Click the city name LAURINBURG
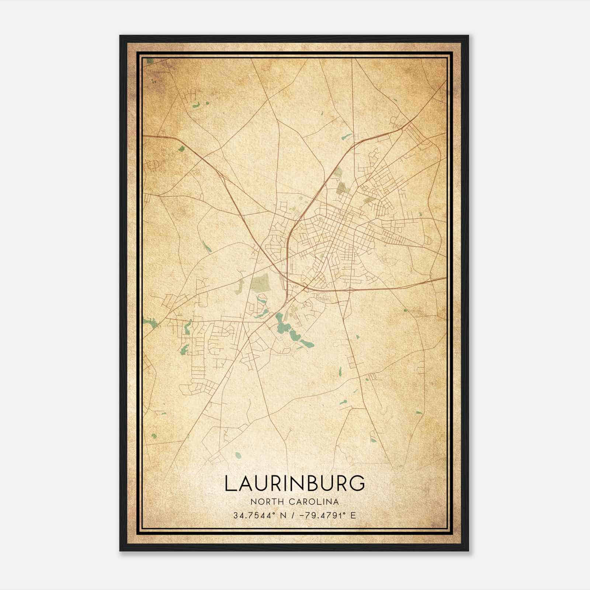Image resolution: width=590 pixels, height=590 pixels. tap(295, 483)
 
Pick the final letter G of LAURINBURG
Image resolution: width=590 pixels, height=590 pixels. tap(357, 483)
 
